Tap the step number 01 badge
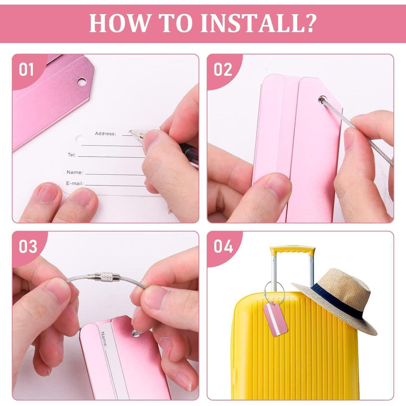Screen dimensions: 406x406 pos(26,69)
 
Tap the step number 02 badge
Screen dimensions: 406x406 pos(223,69)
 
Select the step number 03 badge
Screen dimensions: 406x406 pos(28,246)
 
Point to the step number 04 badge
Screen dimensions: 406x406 pos(223,246)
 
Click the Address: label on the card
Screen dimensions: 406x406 pos(105,134)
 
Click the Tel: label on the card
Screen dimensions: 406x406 pos(72,155)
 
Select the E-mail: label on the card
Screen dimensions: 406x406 pos(75,183)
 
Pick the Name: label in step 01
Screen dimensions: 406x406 pos(75,172)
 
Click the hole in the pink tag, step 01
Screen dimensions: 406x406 pos(82,82)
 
